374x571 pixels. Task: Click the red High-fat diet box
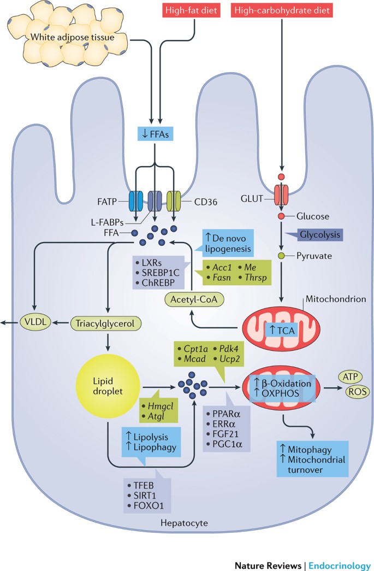coord(191,10)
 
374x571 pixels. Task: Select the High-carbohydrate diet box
coord(282,10)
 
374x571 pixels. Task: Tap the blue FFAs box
coord(156,134)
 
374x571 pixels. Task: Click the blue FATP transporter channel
coord(136,201)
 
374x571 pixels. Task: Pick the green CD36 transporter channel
coord(174,201)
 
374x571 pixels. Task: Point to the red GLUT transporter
coord(281,195)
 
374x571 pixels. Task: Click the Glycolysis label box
coord(319,234)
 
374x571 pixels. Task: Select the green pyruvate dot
coord(281,256)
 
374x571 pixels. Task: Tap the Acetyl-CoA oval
coord(194,299)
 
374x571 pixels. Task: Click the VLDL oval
coord(35,322)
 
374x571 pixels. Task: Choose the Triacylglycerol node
coord(105,323)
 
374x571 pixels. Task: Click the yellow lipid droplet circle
coord(108,386)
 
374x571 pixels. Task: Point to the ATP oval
coord(351,376)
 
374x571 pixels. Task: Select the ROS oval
coord(357,391)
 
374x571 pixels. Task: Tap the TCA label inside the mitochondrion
coord(282,330)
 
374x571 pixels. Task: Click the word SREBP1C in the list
coord(161,273)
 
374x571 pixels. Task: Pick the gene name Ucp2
coord(229,359)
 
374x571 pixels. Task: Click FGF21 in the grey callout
coord(225,434)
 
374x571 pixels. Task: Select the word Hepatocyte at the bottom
coord(184,523)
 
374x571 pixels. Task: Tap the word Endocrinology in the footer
coord(340,566)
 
